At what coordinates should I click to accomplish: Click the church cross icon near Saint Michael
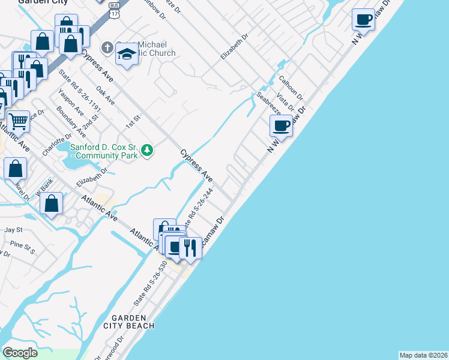[x=107, y=47]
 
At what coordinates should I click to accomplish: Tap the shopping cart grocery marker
[x=19, y=121]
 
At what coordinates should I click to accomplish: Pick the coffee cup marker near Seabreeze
[x=281, y=125]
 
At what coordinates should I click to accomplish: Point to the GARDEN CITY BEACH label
[x=133, y=322]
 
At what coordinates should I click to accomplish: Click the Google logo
[x=20, y=353]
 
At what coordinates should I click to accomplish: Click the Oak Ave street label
[x=105, y=96]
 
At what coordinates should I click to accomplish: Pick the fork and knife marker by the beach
[x=190, y=247]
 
